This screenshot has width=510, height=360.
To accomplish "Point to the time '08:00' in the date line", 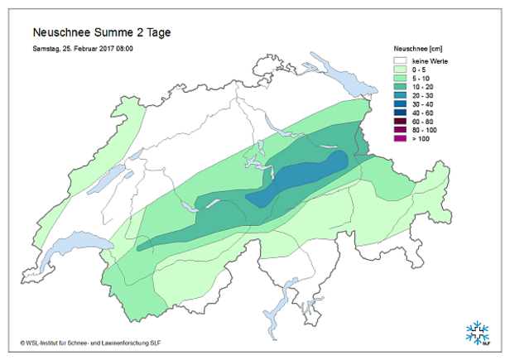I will (123, 49).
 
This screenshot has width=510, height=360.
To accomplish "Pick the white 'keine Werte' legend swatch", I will (402, 61).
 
